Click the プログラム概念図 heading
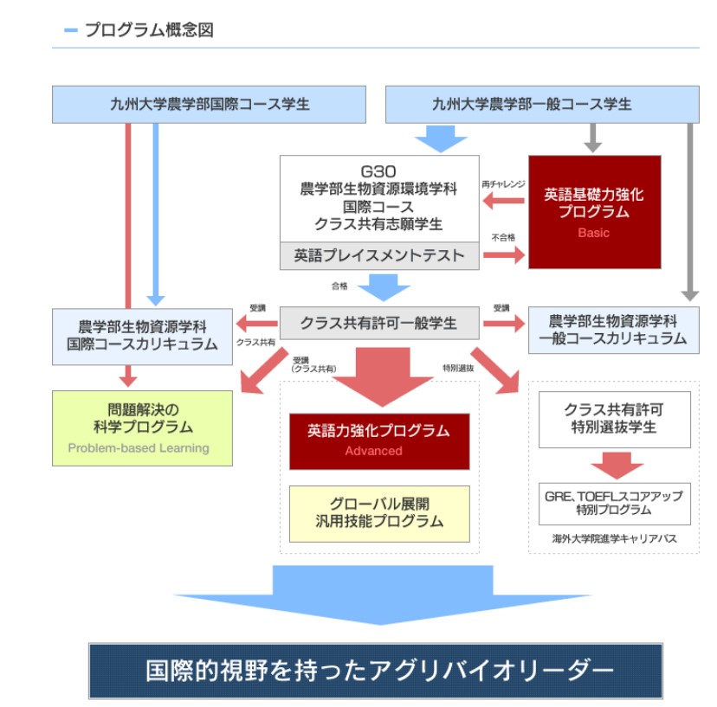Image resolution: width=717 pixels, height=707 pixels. [x=148, y=30]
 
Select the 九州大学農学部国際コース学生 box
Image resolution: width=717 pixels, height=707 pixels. [x=209, y=104]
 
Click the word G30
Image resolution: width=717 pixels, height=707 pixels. [x=378, y=171]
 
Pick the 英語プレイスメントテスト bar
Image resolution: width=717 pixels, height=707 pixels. [x=379, y=255]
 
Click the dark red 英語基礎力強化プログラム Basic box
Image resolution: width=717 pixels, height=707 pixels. [x=594, y=212]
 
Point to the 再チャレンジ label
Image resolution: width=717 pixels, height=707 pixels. [x=503, y=184]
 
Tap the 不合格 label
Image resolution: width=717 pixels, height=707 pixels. [x=503, y=237]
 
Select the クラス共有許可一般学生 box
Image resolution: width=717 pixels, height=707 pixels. [x=378, y=323]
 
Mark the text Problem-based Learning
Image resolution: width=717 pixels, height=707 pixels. [x=139, y=448]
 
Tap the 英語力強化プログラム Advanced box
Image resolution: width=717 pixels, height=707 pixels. [x=378, y=440]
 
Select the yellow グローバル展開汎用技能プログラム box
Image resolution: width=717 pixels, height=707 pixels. [x=378, y=512]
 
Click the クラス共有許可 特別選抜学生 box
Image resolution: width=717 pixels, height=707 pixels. [x=614, y=419]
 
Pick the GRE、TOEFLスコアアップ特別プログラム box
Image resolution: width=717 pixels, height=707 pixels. [x=614, y=503]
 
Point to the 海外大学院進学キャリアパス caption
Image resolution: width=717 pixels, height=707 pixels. [x=614, y=538]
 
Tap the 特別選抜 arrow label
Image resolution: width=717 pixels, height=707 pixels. [x=456, y=368]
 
